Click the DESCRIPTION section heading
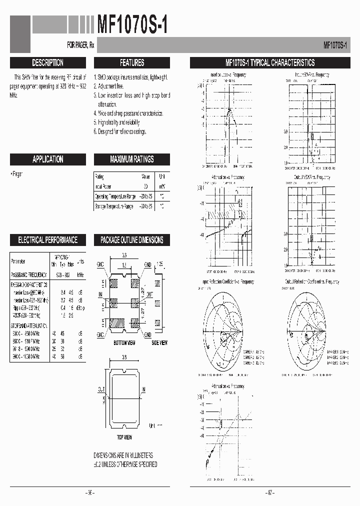(x=47, y=63)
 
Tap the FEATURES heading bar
(x=132, y=63)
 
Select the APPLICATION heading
(x=47, y=159)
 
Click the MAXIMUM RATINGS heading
(x=132, y=159)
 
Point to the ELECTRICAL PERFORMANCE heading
(x=47, y=240)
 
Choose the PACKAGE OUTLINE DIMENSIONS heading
(x=132, y=240)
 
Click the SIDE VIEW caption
(x=159, y=342)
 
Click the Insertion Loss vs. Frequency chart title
(x=228, y=75)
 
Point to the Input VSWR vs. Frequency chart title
(x=311, y=75)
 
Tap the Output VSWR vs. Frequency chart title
(x=311, y=177)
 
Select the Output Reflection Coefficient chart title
(x=312, y=282)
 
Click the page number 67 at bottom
(x=269, y=492)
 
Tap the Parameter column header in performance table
(x=18, y=261)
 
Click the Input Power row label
(x=102, y=186)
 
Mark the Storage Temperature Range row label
(x=114, y=206)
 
